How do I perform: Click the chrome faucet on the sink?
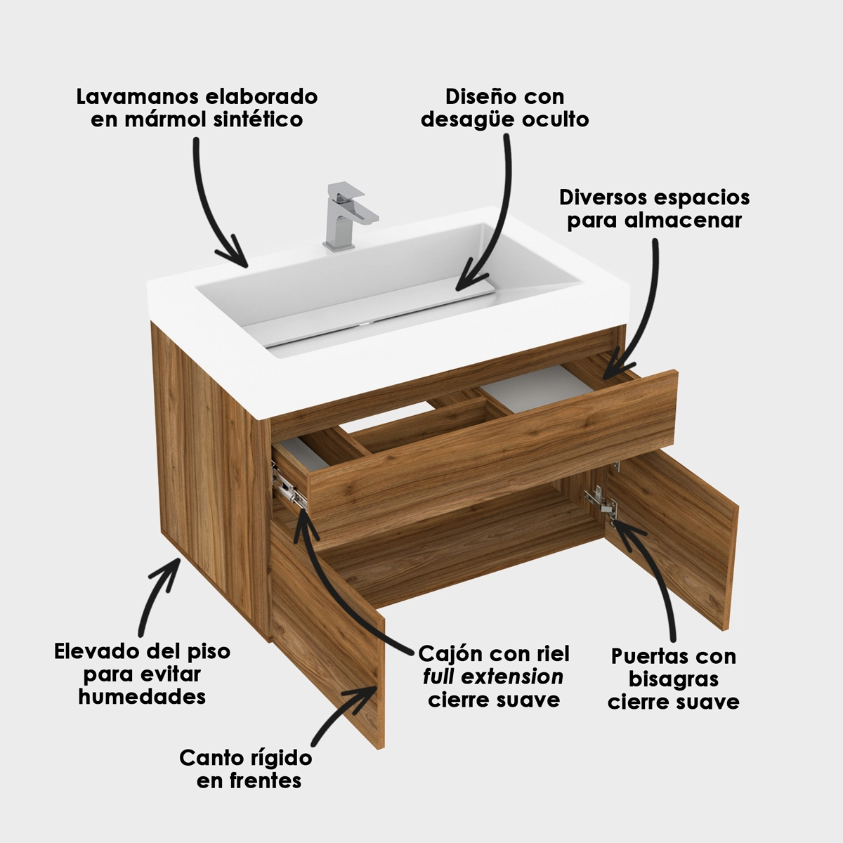pyautogui.click(x=348, y=217)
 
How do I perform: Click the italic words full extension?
pyautogui.click(x=493, y=677)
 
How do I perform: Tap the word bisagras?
pyautogui.click(x=674, y=680)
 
